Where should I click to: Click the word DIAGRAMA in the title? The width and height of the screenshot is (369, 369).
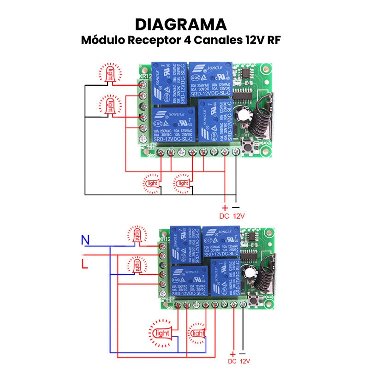pos(181,24)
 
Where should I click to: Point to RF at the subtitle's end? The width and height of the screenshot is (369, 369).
pos(274,40)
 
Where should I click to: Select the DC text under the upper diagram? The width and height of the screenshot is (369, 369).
pos(224,216)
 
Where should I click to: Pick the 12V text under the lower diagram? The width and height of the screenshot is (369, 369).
pos(244,361)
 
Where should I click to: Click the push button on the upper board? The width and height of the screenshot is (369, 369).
pos(252,149)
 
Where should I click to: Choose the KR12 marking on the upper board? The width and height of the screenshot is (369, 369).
pos(145,75)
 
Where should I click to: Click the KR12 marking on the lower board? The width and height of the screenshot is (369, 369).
pos(164,240)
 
